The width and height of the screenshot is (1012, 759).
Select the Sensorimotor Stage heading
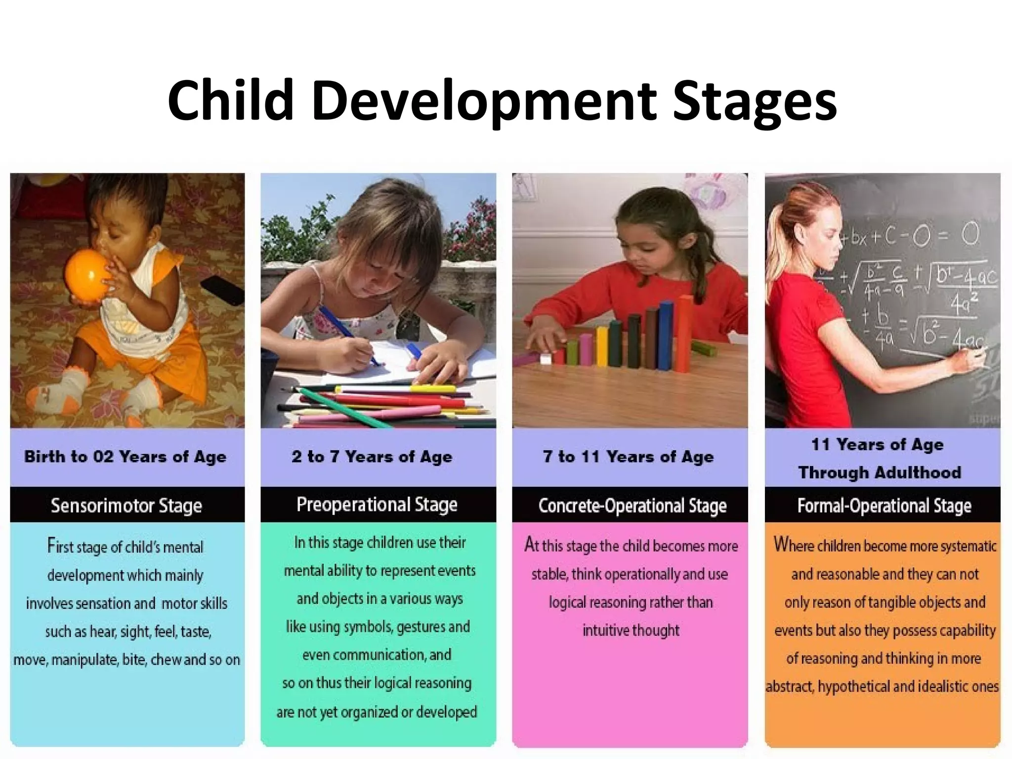tap(126, 506)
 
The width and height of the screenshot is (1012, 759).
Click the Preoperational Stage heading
tap(377, 505)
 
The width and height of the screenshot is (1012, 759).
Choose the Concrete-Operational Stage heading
tap(632, 506)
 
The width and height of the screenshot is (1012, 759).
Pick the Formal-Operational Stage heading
tap(884, 506)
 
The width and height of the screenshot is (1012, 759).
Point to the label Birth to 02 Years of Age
tap(126, 457)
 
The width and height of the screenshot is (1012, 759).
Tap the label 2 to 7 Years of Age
tap(372, 457)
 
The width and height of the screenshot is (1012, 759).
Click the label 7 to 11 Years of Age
tap(628, 457)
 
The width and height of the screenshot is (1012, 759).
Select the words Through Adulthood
tap(880, 472)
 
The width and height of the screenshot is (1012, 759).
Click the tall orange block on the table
tap(684, 334)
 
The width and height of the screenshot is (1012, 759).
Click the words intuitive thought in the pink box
tap(631, 631)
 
